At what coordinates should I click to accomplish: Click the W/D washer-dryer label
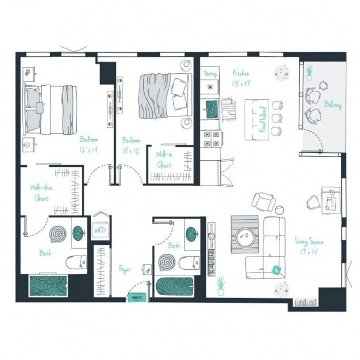pyautogui.click(x=100, y=230)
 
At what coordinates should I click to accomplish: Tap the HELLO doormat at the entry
pyautogui.click(x=136, y=296)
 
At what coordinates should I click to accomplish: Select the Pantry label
pyautogui.click(x=210, y=74)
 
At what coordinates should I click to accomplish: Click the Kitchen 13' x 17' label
pyautogui.click(x=241, y=78)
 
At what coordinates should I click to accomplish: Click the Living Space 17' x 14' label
pyautogui.click(x=309, y=246)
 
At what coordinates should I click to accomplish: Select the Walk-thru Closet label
pyautogui.click(x=41, y=192)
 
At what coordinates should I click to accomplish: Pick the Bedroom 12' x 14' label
pyautogui.click(x=90, y=144)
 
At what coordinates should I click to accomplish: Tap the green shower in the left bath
pyautogui.click(x=48, y=287)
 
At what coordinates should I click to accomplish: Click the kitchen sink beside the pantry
pyautogui.click(x=212, y=108)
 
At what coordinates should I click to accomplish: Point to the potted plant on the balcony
pyautogui.click(x=309, y=72)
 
